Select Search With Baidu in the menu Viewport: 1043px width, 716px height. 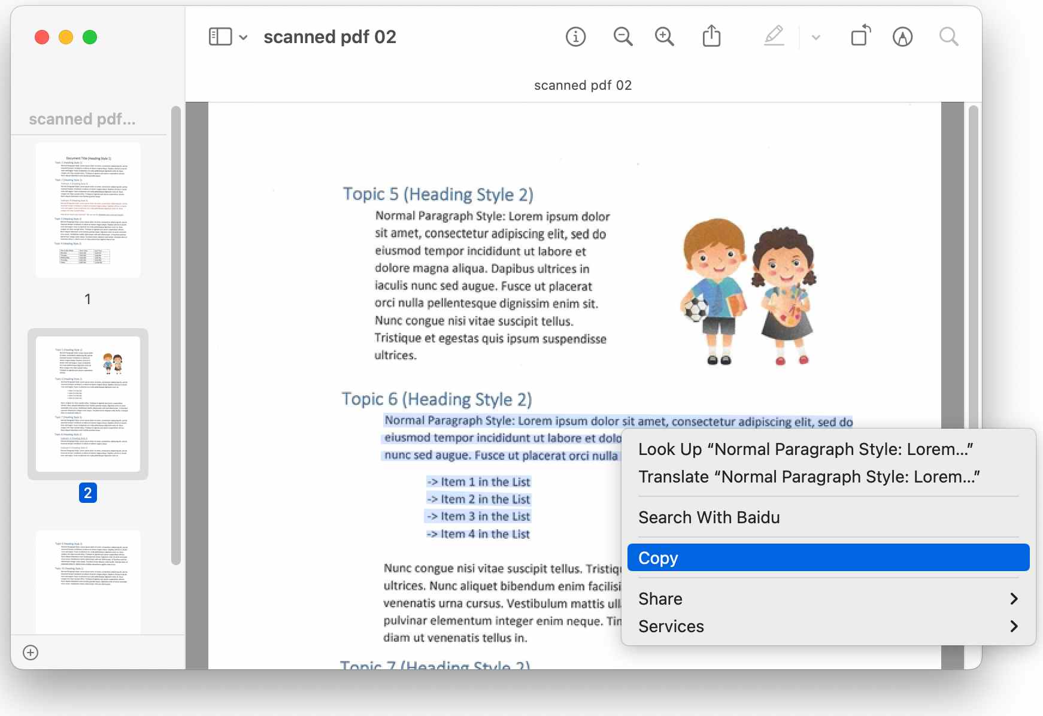click(x=709, y=517)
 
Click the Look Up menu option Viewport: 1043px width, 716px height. click(x=805, y=449)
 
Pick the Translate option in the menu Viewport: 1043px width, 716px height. click(x=808, y=477)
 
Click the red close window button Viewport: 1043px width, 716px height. click(x=42, y=37)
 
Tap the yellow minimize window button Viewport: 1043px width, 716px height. click(x=66, y=37)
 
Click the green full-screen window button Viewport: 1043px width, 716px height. click(x=90, y=37)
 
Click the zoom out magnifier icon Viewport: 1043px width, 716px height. click(x=623, y=37)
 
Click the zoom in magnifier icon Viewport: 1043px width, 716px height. click(x=664, y=37)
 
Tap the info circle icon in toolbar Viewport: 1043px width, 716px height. click(x=575, y=37)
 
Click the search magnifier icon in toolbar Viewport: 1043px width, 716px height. click(x=948, y=37)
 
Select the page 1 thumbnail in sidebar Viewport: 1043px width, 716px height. click(x=88, y=210)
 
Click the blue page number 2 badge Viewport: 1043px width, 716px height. click(x=88, y=493)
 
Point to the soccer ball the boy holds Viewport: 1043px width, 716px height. click(x=696, y=310)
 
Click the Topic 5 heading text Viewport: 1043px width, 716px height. click(x=438, y=194)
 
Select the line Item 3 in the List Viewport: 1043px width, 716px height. click(x=478, y=516)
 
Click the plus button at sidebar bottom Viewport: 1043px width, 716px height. click(x=31, y=653)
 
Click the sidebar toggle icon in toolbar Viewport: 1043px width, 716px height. click(x=220, y=37)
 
